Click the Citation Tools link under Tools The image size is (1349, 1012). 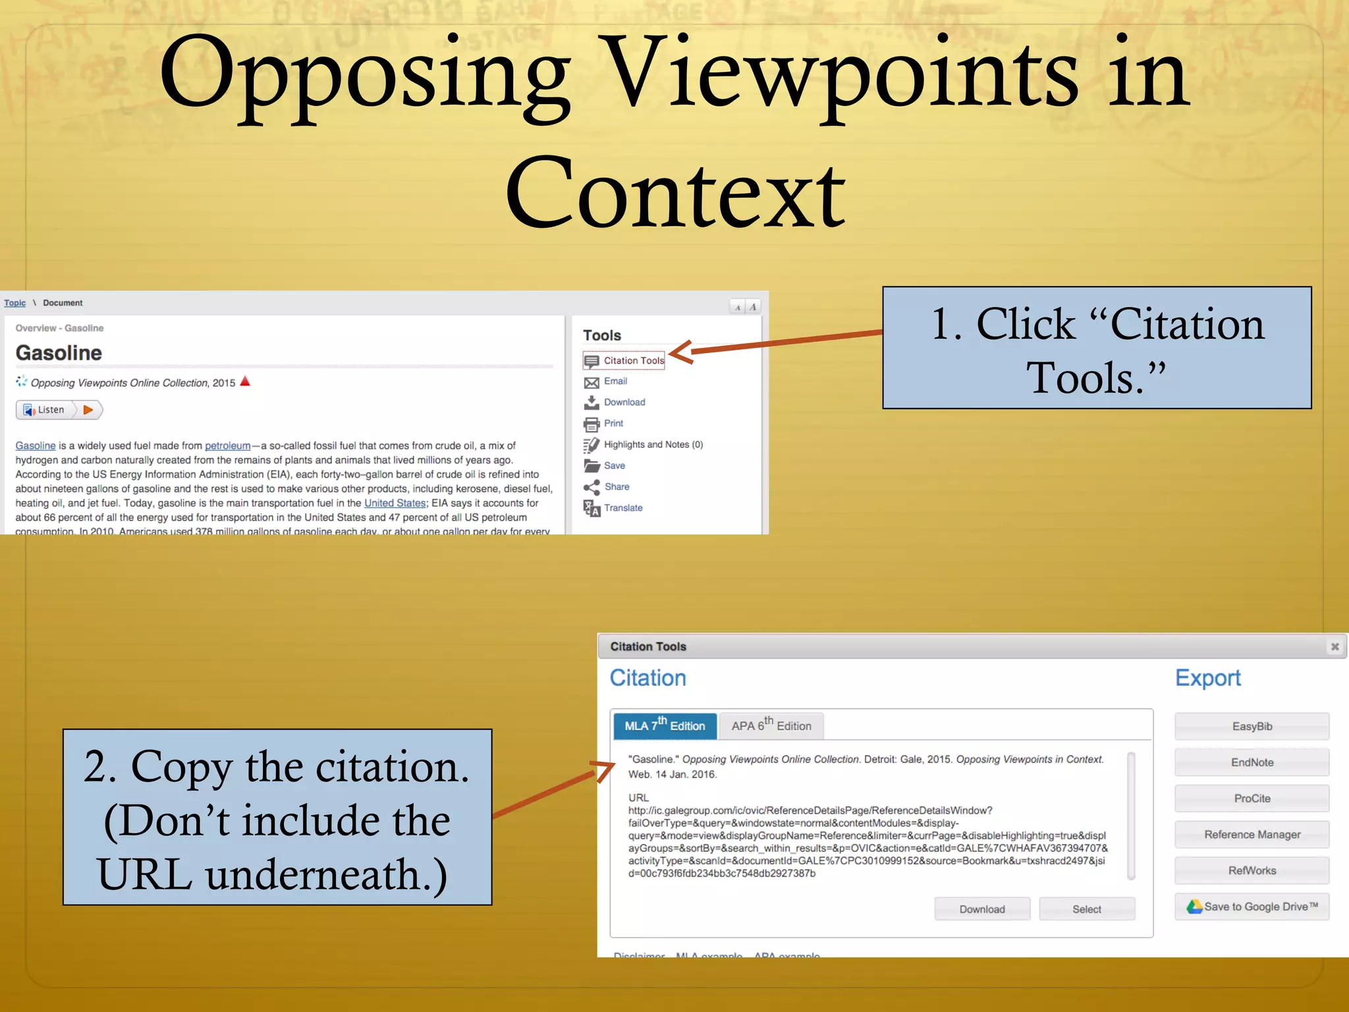pyautogui.click(x=633, y=360)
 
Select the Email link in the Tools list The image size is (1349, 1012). pyautogui.click(x=615, y=381)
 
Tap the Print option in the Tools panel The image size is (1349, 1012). pyautogui.click(x=613, y=424)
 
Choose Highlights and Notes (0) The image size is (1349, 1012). pyautogui.click(x=653, y=445)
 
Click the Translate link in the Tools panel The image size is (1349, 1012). pyautogui.click(x=623, y=508)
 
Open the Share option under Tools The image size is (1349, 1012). pyautogui.click(x=617, y=487)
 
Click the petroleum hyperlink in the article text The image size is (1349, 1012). pyautogui.click(x=227, y=446)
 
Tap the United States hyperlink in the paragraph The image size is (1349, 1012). pyautogui.click(x=395, y=503)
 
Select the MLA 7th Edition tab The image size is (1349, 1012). pyautogui.click(x=664, y=725)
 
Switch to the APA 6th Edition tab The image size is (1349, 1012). pyautogui.click(x=771, y=725)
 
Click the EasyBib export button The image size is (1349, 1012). pyautogui.click(x=1252, y=726)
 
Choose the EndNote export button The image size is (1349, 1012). pyautogui.click(x=1252, y=762)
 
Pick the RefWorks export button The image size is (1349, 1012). pyautogui.click(x=1252, y=870)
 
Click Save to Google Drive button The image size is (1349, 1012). pyautogui.click(x=1252, y=907)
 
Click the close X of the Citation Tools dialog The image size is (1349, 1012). pyautogui.click(x=1335, y=646)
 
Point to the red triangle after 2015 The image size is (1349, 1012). pyautogui.click(x=245, y=381)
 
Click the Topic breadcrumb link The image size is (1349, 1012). pyautogui.click(x=14, y=303)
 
